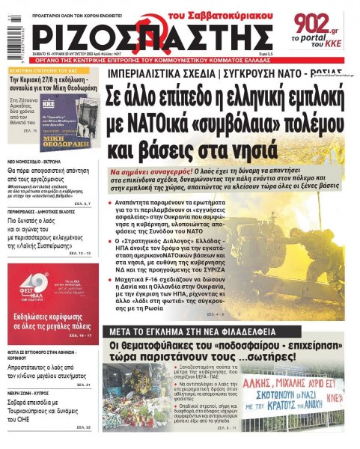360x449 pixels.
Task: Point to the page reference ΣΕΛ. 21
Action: pos(83,385)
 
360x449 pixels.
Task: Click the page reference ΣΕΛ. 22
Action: pos(83,427)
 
